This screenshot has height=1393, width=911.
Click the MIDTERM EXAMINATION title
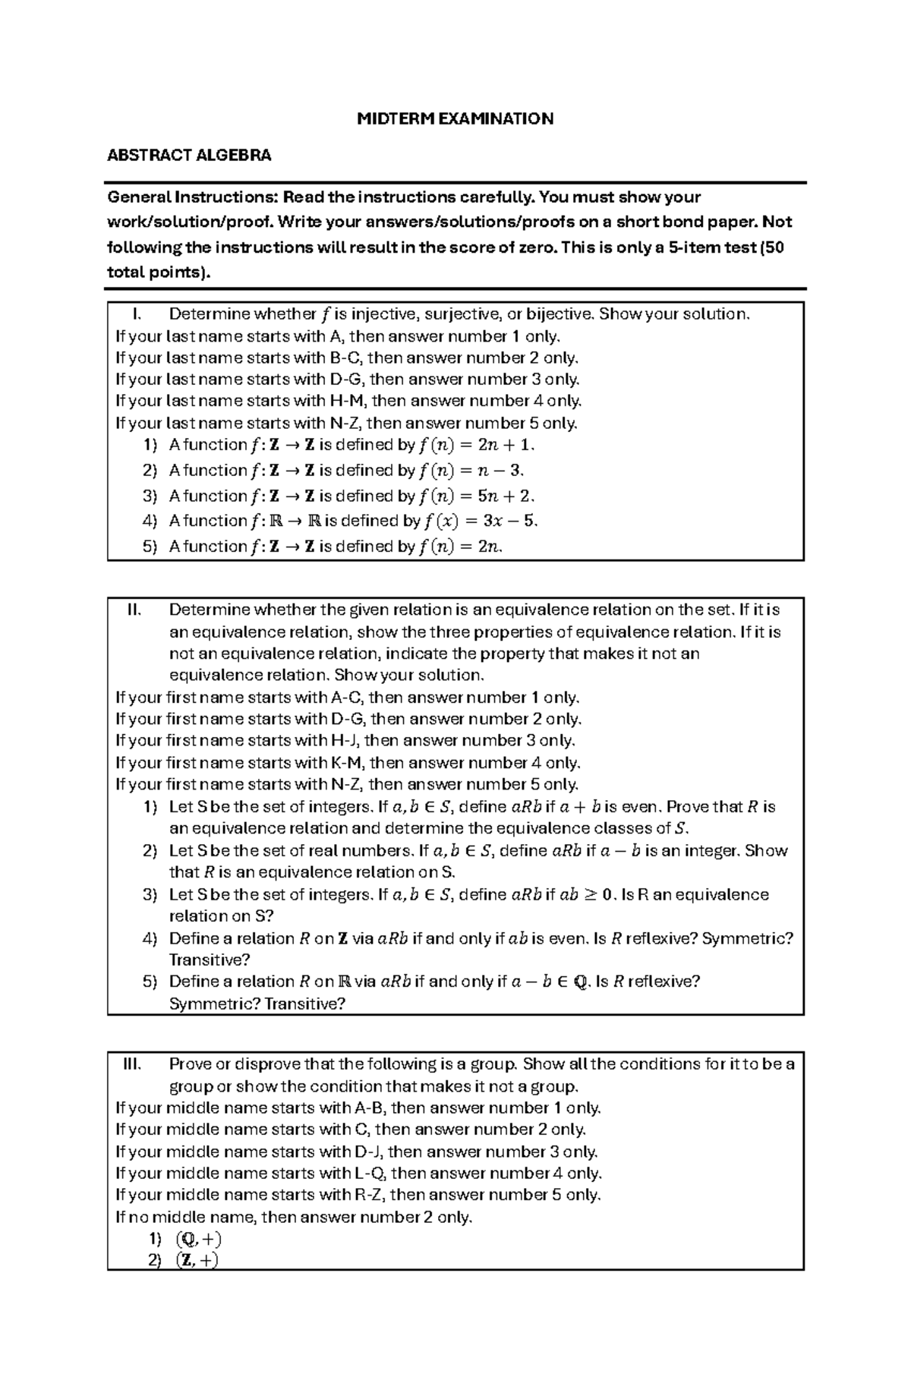(x=455, y=118)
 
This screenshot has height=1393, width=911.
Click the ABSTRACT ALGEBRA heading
(x=189, y=156)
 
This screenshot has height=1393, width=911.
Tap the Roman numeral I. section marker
(x=137, y=314)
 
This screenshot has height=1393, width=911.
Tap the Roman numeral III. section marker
(x=133, y=1064)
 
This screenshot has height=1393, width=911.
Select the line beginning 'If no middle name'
(x=294, y=1217)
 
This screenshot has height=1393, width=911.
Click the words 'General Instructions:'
(x=193, y=197)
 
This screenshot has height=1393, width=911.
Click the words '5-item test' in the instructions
(x=714, y=247)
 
